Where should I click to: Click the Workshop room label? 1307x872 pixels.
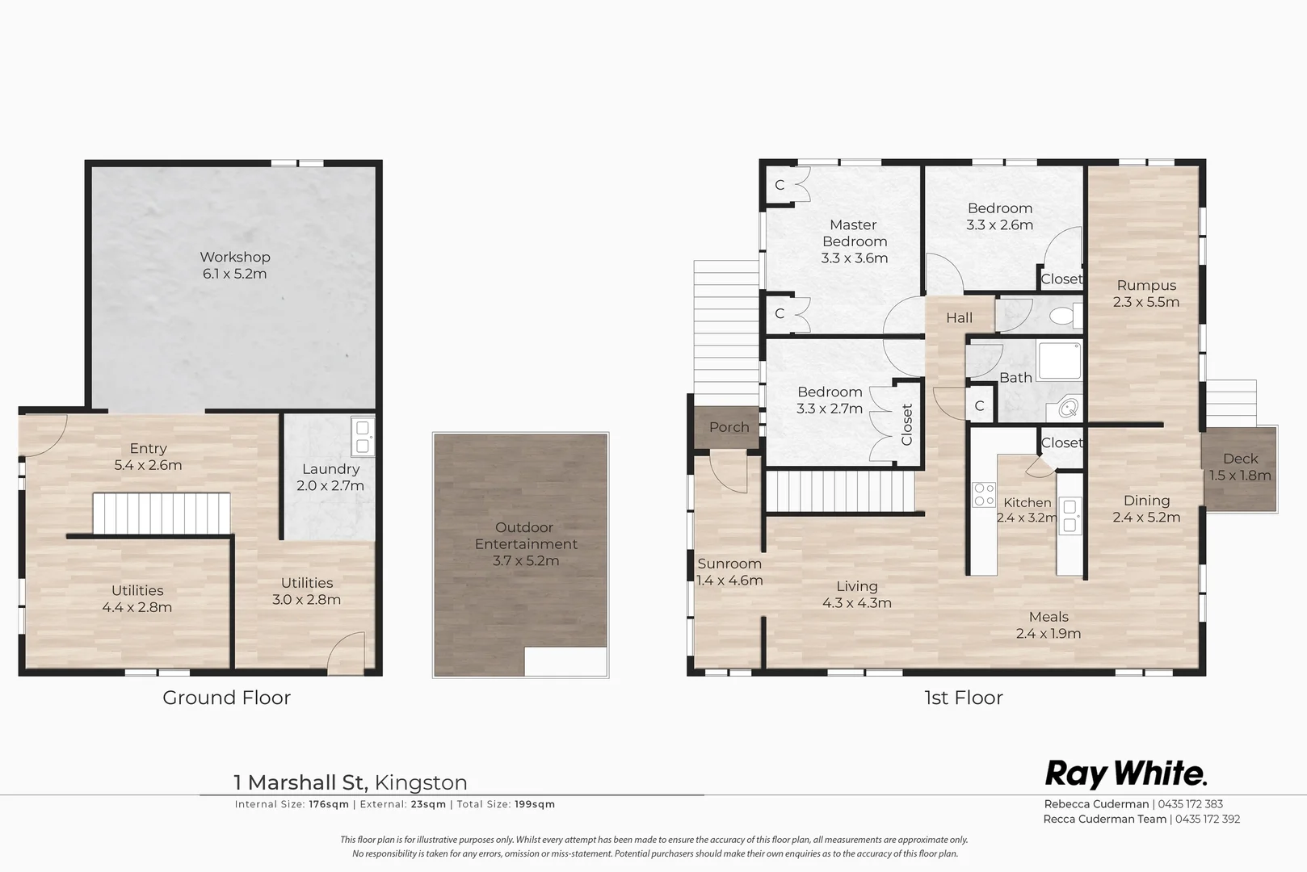click(x=235, y=258)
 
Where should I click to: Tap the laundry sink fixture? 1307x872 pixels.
click(x=363, y=436)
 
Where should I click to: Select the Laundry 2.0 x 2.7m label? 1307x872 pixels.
click(x=330, y=477)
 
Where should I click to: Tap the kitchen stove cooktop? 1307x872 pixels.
click(x=984, y=494)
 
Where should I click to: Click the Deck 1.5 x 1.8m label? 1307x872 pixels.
click(x=1240, y=467)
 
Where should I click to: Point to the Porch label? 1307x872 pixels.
click(x=729, y=427)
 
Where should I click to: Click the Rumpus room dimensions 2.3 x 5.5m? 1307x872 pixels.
click(x=1145, y=302)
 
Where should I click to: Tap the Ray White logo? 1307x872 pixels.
click(x=1125, y=773)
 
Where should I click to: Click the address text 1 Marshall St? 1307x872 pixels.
click(x=300, y=782)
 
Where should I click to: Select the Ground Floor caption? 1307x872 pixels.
click(x=226, y=698)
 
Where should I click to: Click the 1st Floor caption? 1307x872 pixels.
click(x=963, y=698)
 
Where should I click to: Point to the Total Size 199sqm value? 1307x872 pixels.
click(x=535, y=804)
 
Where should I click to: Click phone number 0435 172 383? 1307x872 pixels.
click(x=1191, y=804)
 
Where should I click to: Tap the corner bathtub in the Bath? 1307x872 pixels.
click(x=1068, y=409)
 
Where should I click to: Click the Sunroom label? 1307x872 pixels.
click(x=729, y=564)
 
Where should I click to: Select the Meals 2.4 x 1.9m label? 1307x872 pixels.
click(x=1049, y=625)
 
